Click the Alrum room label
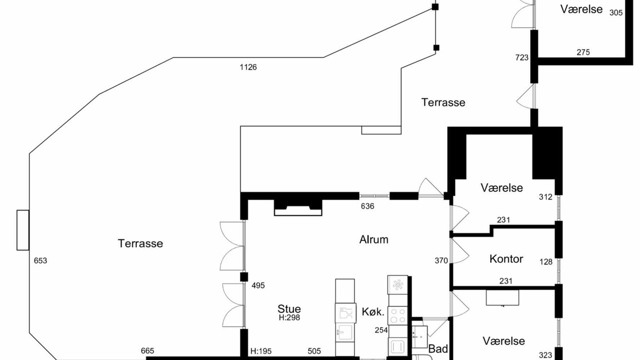(373, 239)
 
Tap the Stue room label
(289, 309)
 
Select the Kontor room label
(506, 259)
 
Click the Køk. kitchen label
(372, 311)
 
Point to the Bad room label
(437, 349)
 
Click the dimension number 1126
(248, 67)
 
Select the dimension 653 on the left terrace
(40, 260)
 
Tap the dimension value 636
(367, 206)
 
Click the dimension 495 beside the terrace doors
(258, 285)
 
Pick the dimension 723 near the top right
(521, 57)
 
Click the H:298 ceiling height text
(289, 317)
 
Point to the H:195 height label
(261, 351)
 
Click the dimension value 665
(147, 350)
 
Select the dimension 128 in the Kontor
(545, 261)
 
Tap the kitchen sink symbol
(345, 332)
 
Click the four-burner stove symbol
(397, 315)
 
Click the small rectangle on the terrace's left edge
(23, 230)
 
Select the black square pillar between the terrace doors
(244, 277)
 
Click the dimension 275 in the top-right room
(583, 52)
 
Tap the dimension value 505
(314, 351)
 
